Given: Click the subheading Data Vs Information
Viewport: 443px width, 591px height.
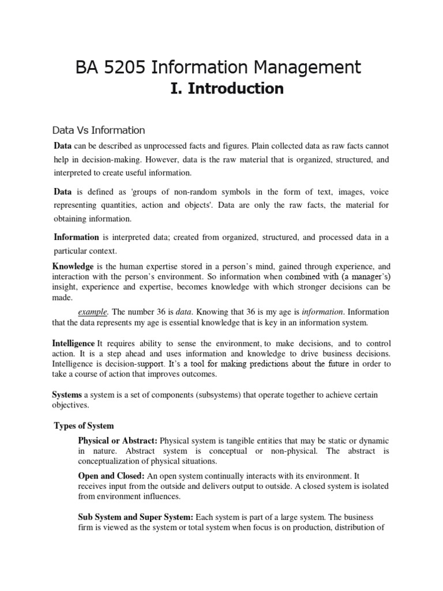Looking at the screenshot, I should pyautogui.click(x=99, y=130).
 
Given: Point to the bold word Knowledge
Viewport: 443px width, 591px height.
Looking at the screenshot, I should pyautogui.click(x=73, y=267).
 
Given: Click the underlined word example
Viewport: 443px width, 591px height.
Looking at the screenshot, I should pyautogui.click(x=92, y=312).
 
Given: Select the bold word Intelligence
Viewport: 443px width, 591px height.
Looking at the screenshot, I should pyautogui.click(x=74, y=343).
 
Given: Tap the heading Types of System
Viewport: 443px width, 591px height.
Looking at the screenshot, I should pyautogui.click(x=84, y=426).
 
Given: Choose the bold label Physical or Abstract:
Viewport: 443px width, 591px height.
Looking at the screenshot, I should pyautogui.click(x=118, y=441).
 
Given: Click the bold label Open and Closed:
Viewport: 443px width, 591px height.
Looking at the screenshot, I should pyautogui.click(x=111, y=476).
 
